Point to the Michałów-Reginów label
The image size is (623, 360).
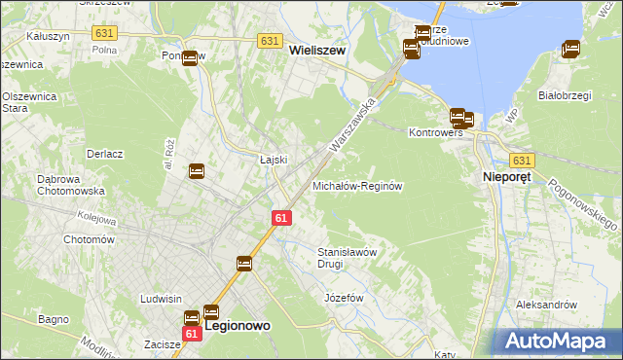(357, 185)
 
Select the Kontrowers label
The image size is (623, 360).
(434, 131)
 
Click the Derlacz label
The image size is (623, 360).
(104, 154)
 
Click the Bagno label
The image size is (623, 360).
(53, 319)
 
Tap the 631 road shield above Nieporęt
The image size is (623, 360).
(523, 160)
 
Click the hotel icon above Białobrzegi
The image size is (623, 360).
(571, 48)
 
